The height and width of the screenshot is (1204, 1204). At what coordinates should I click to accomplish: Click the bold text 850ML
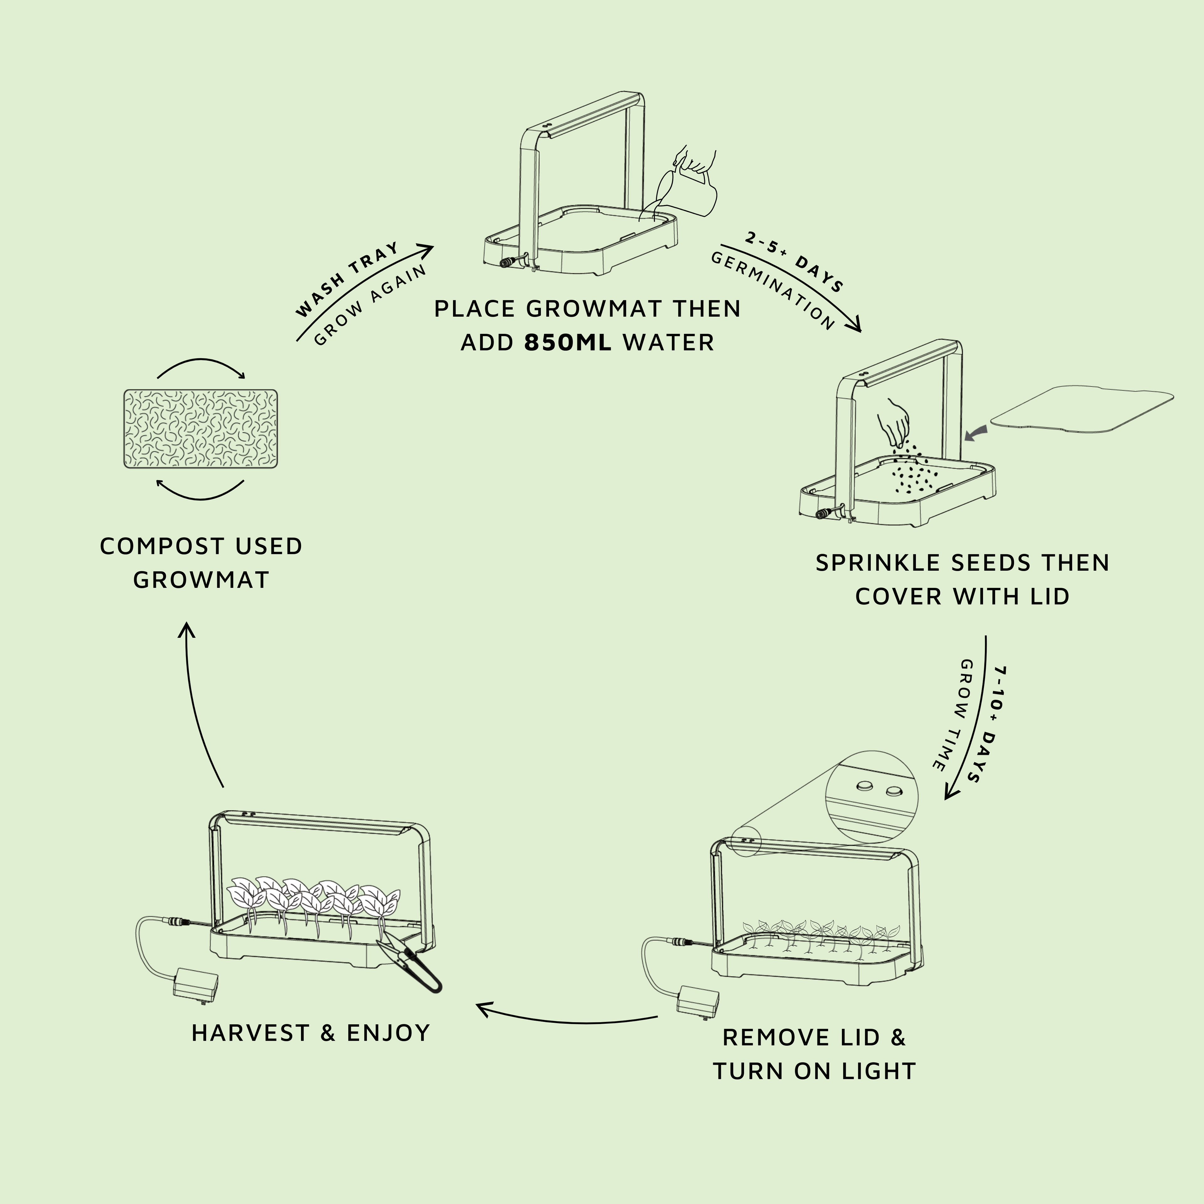(x=568, y=343)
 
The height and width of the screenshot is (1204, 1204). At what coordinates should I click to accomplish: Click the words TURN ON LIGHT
(x=814, y=1071)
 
